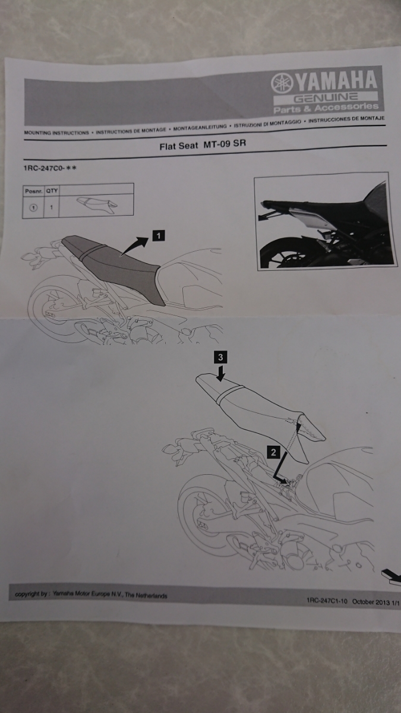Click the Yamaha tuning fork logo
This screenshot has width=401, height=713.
(x=282, y=83)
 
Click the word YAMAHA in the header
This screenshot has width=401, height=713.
(x=336, y=81)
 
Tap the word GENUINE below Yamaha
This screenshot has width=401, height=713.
(x=326, y=97)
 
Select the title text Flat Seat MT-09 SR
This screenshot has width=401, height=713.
(x=203, y=145)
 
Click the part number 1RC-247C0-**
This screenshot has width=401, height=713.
(x=50, y=168)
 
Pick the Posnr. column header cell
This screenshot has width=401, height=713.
(x=33, y=191)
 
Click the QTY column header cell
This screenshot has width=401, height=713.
(x=52, y=191)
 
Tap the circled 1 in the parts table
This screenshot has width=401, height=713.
(x=33, y=207)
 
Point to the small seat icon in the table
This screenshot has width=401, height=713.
(x=97, y=203)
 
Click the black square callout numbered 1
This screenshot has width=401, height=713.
(x=158, y=235)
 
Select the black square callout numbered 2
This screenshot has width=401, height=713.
(x=273, y=452)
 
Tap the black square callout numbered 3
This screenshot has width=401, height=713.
(x=220, y=357)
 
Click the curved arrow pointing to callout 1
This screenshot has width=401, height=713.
(x=134, y=246)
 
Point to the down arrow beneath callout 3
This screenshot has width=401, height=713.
(x=220, y=373)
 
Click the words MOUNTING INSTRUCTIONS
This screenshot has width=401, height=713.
(x=56, y=132)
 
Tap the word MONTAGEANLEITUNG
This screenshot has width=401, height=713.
(x=200, y=127)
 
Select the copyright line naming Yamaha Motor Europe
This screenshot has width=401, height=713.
(x=91, y=595)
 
